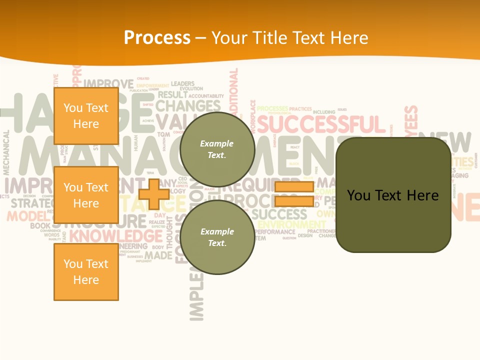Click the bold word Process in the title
pos(157,38)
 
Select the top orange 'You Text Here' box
pos(86,116)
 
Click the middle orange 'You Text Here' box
pos(86,195)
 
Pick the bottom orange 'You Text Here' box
pos(86,272)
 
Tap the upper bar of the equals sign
pos(294,187)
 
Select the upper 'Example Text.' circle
pos(217,149)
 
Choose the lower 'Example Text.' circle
pos(217,237)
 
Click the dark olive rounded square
pos(393,195)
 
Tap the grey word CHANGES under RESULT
pos(187,106)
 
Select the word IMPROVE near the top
pos(108,83)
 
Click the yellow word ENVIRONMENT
pos(291,224)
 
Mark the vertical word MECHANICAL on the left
pos(6,152)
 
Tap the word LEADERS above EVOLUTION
pos(182,83)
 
